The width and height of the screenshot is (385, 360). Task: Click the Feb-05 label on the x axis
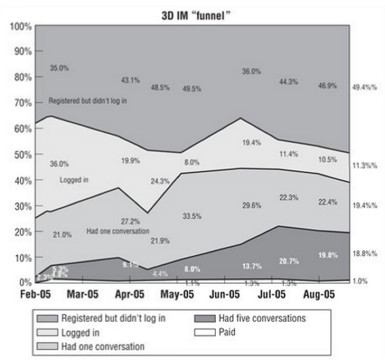(35, 294)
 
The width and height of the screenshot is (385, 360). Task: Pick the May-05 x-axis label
(178, 294)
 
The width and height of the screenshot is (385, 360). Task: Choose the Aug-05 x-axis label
(319, 294)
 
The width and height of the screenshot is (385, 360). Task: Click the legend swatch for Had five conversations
(206, 318)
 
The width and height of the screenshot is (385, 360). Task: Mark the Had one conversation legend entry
(102, 346)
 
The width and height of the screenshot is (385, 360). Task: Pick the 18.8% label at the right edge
(364, 254)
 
